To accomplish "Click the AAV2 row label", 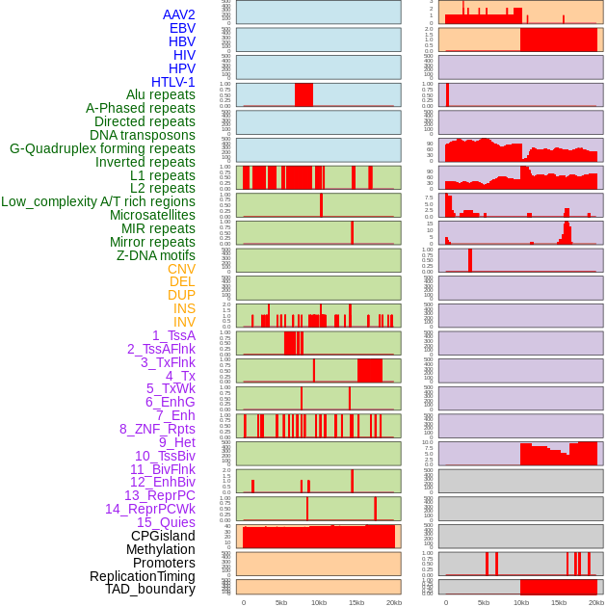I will tap(178, 14).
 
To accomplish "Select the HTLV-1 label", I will tap(172, 82).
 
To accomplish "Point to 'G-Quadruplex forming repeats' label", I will tap(102, 148).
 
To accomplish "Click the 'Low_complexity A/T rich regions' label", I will tap(98, 201).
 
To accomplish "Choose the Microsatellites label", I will tap(152, 215).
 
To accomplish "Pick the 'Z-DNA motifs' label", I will tap(155, 255).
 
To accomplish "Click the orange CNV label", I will tap(181, 269).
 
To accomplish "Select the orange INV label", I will tap(184, 322).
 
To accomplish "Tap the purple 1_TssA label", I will tap(173, 335).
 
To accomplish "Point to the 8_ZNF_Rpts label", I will tap(157, 429).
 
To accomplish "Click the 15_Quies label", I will tap(166, 522).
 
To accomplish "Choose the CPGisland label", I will tap(163, 536).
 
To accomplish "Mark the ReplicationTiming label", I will tap(142, 576).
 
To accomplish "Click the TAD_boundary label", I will tap(150, 589).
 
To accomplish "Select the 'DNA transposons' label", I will tap(143, 135).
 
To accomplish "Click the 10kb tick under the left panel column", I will tap(319, 602).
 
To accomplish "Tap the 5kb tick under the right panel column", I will tap(484, 602).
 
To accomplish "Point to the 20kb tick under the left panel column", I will tap(394, 602).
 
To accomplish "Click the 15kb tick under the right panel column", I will tap(559, 602).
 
